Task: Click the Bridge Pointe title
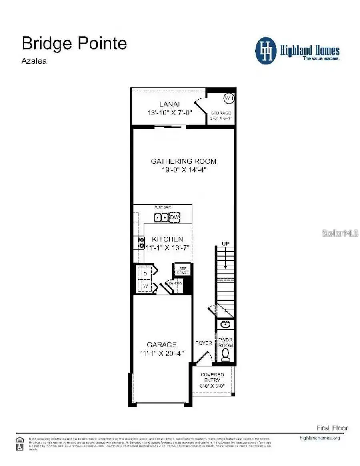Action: pos(74,43)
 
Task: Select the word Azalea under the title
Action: pos(34,61)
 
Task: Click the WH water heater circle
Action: pos(228,98)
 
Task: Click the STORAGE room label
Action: pos(221,113)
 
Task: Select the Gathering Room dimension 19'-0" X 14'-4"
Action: pos(184,169)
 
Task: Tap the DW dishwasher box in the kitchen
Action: pos(175,217)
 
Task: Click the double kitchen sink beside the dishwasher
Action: pos(161,217)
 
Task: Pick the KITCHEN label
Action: pos(167,239)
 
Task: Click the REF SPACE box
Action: pos(182,270)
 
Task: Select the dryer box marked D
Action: pos(146,273)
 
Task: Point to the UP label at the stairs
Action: pos(225,243)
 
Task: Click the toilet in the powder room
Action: pos(226,354)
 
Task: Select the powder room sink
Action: pos(225,324)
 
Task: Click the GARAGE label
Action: pos(161,345)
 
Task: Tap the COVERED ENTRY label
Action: pos(212,377)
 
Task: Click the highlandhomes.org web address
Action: pos(320,438)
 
